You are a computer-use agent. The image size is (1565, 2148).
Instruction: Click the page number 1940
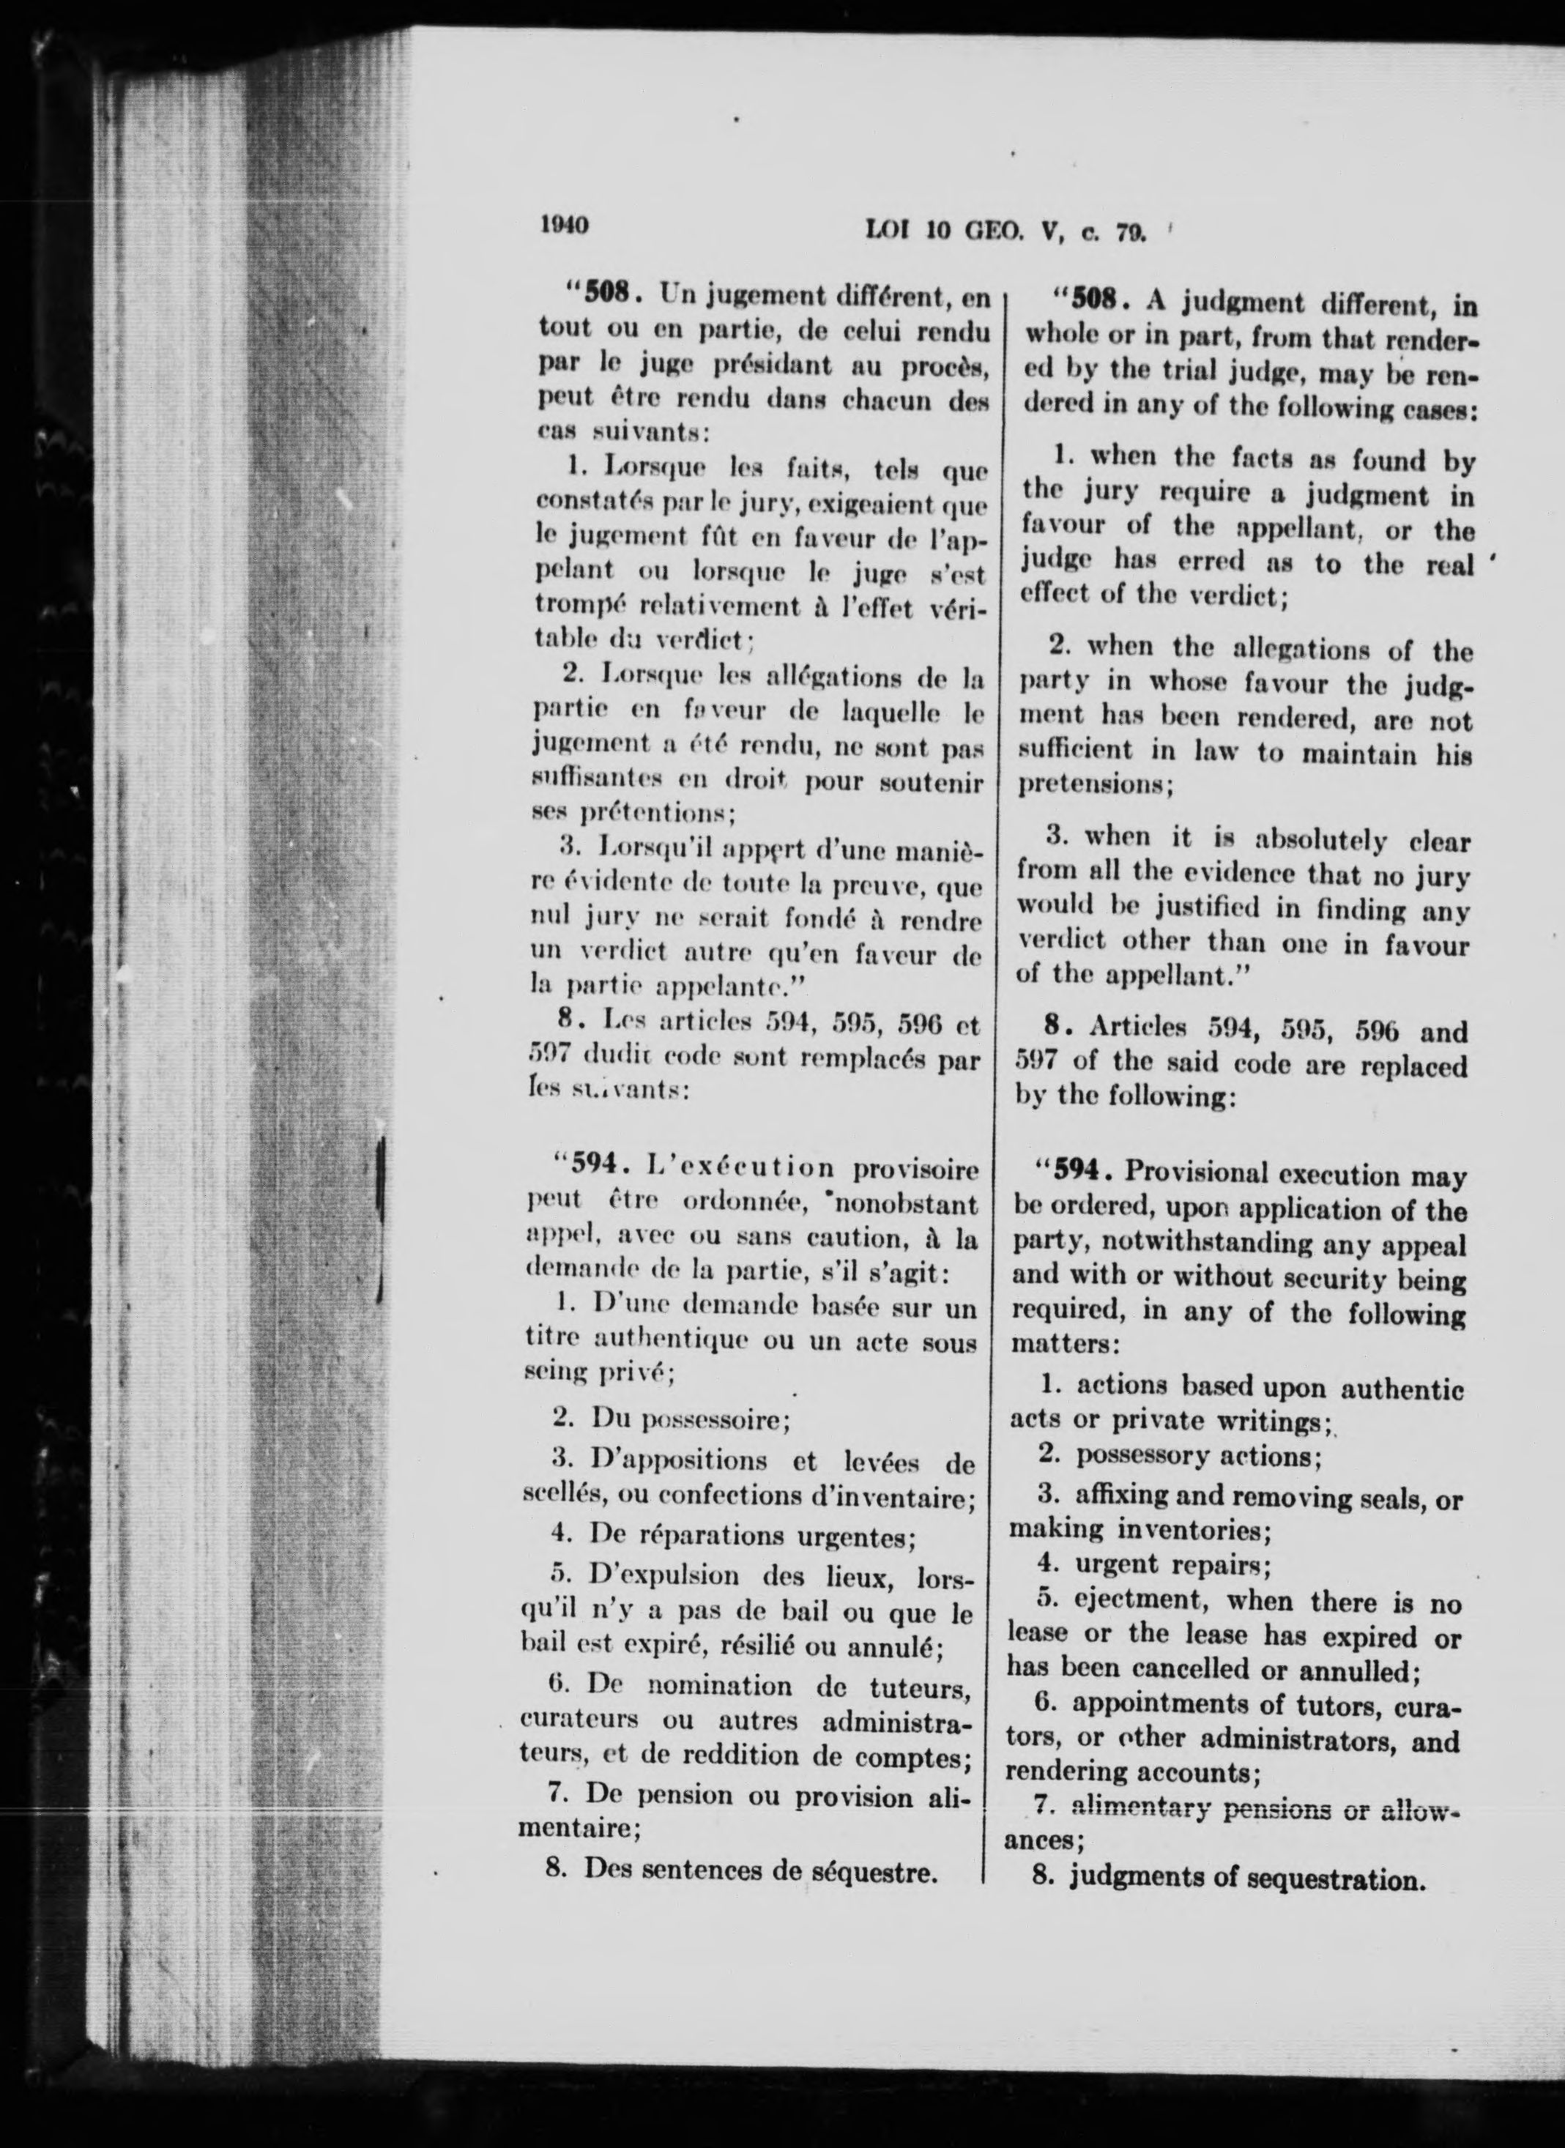coord(565,226)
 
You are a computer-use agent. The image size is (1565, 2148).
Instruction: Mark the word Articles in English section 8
coord(1136,1030)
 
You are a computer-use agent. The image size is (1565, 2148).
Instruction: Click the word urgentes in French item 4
coord(859,1535)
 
